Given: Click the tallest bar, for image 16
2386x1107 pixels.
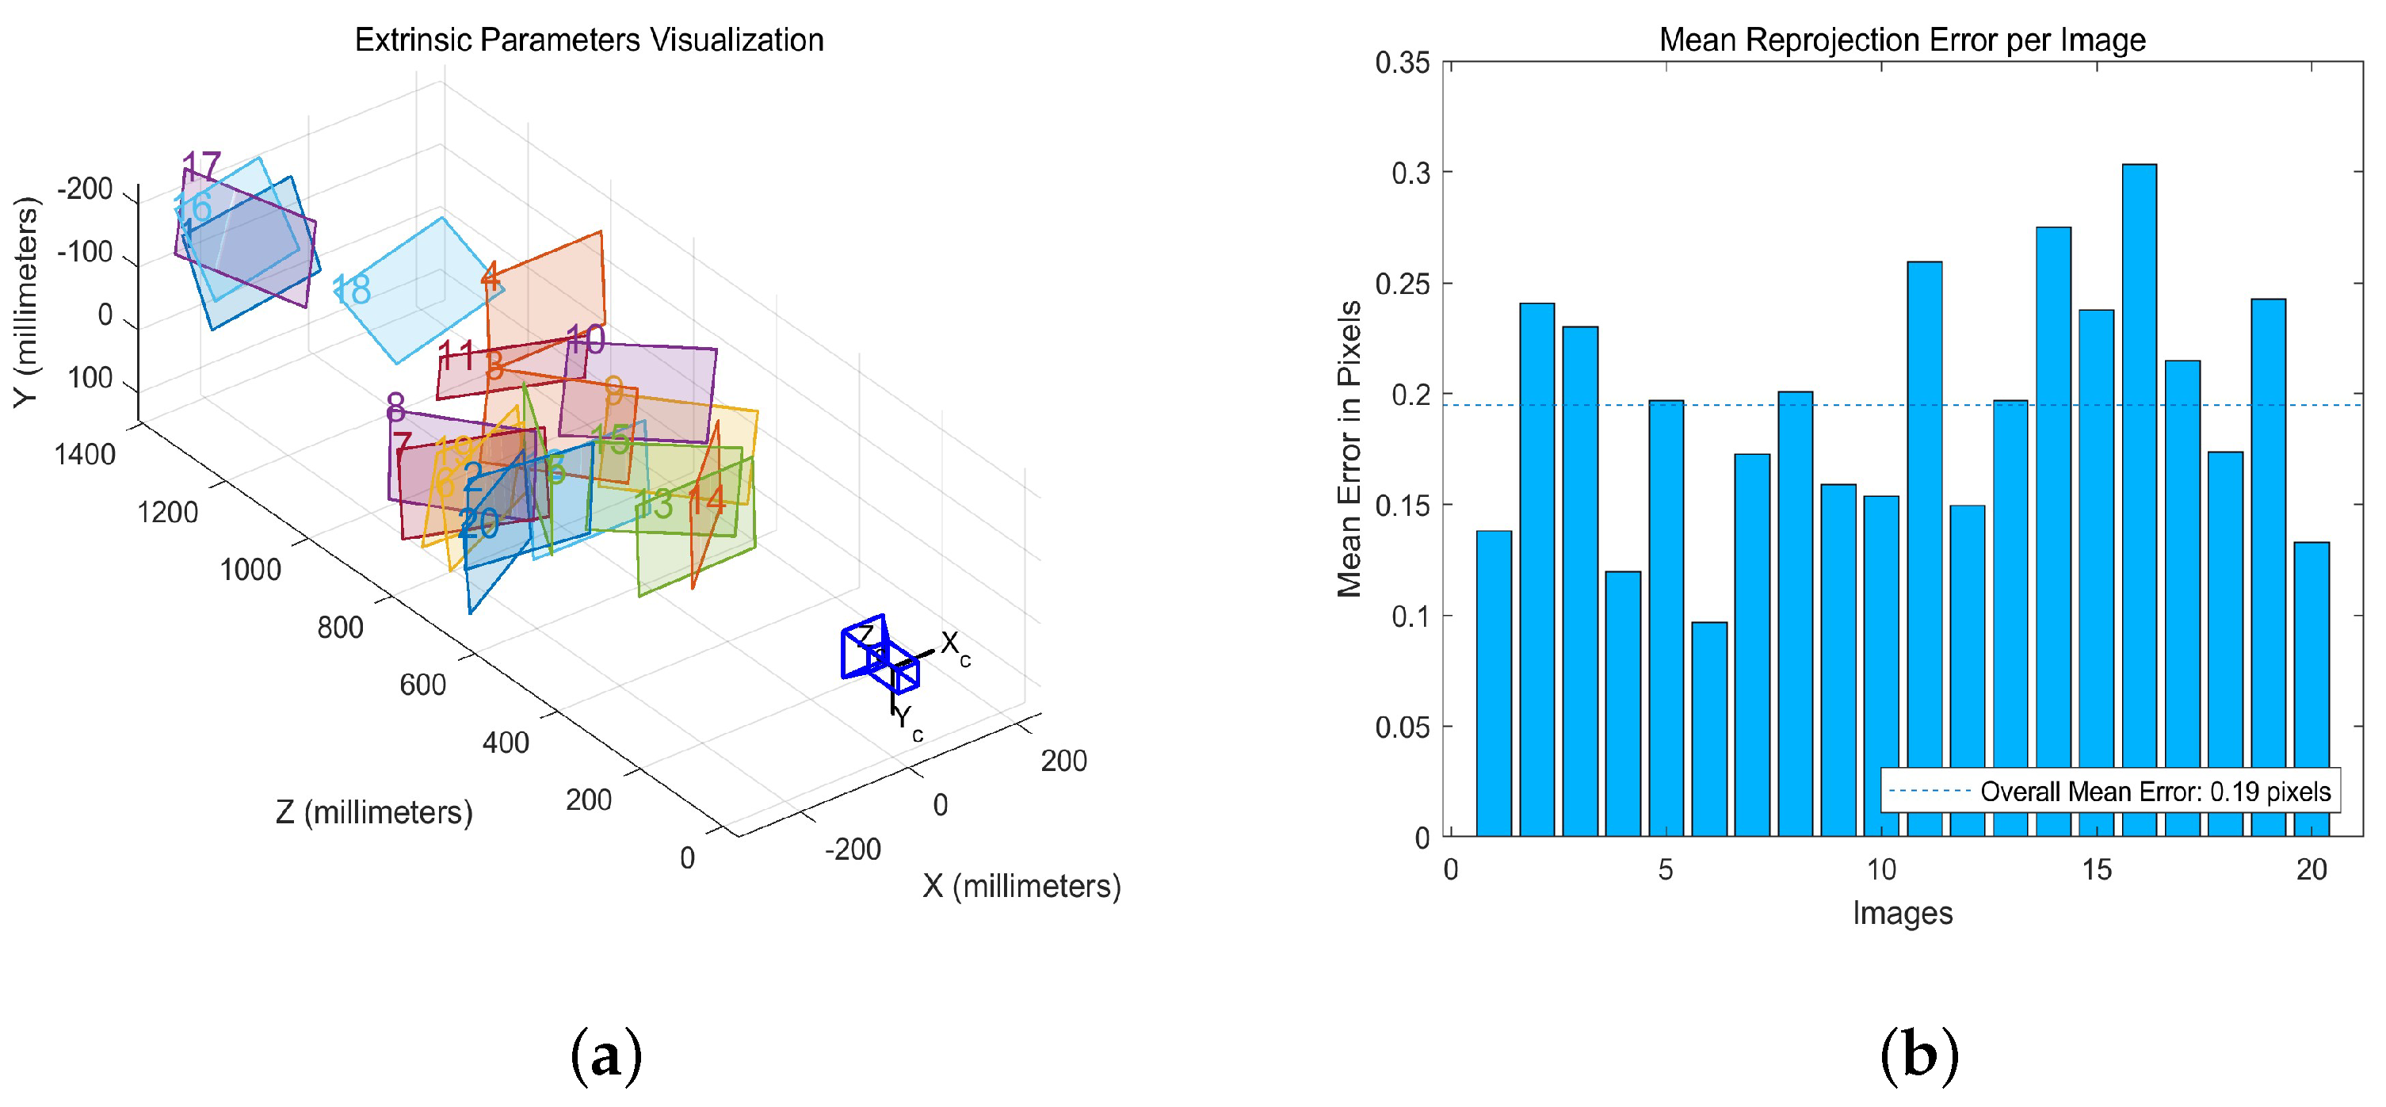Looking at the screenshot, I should point(2139,500).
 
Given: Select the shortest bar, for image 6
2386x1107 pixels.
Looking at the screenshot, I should point(1709,729).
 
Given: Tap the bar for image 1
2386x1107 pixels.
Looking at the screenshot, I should point(1493,684).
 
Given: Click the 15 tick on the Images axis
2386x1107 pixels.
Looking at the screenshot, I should point(2096,869).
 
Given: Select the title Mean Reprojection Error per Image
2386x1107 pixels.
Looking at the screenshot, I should point(1902,40).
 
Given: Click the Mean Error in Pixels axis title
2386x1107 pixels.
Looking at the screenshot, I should point(1350,449).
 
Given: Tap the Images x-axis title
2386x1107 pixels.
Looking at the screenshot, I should point(1902,913).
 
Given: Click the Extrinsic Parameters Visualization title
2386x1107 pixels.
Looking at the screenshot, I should point(589,40).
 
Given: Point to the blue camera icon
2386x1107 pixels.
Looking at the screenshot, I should point(879,652).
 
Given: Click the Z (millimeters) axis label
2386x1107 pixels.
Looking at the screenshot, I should point(373,812).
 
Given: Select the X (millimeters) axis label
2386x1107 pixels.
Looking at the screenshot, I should point(1021,886).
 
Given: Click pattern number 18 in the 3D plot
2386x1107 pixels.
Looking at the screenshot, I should point(352,290).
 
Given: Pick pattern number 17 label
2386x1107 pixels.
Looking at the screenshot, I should point(202,166).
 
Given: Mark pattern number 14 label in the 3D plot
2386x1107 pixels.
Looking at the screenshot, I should point(706,501).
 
